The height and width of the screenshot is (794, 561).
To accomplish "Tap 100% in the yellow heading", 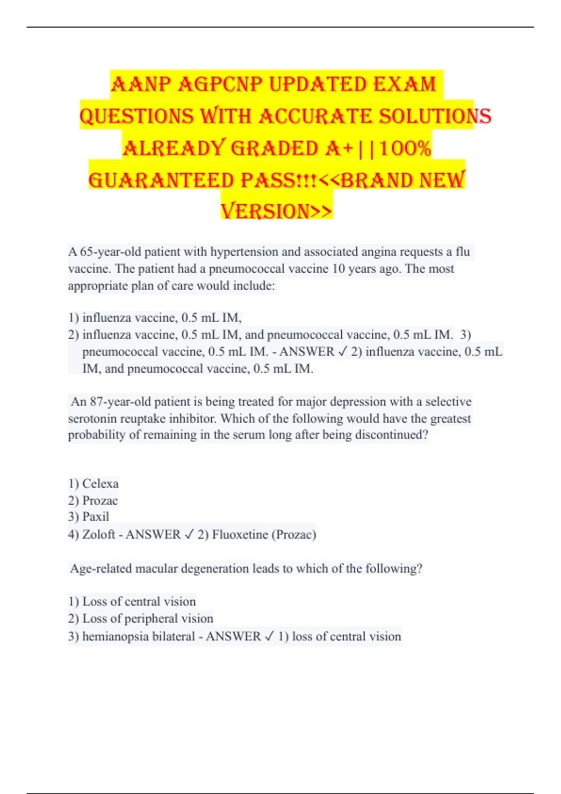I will (x=405, y=149).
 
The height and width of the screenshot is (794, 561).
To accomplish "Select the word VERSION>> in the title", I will (x=276, y=211).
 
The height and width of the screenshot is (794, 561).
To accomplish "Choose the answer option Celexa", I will (x=100, y=483).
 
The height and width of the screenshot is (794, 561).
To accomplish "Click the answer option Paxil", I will (x=95, y=517).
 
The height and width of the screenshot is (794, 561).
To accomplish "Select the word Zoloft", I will (x=99, y=534).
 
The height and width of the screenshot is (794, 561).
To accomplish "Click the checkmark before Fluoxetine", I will (x=189, y=534).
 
